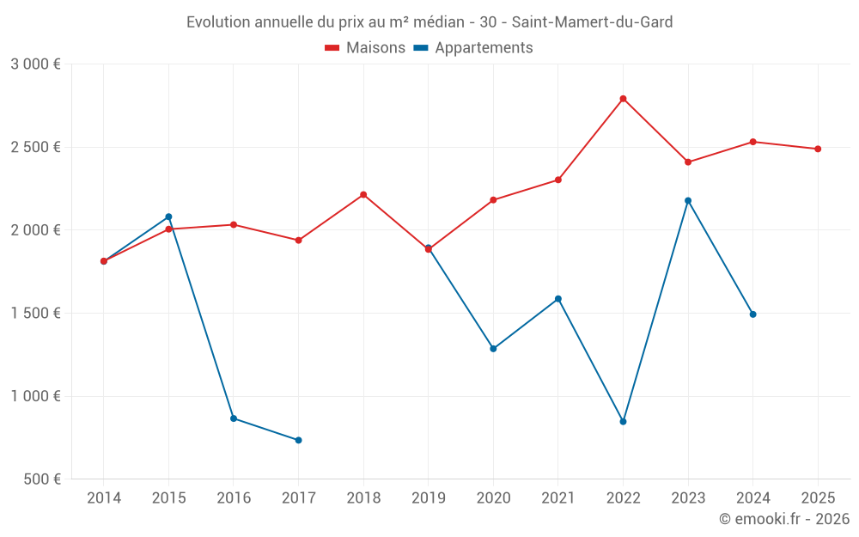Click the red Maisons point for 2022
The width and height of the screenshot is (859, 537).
point(623,99)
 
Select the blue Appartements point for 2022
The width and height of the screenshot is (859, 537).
point(623,422)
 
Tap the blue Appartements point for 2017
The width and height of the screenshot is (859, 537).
point(298,440)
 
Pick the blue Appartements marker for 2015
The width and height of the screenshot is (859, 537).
point(168,217)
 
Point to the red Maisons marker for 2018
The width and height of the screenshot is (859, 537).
point(363,194)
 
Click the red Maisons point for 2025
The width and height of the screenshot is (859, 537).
point(818,149)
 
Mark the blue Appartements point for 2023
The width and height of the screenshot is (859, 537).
point(688,201)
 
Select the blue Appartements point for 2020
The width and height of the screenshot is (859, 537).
point(493,349)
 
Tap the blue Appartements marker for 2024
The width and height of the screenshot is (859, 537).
point(752,314)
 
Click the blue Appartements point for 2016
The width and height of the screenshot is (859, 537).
point(234,418)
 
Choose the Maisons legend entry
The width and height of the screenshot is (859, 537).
point(365,48)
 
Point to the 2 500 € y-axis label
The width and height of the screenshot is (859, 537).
point(35,147)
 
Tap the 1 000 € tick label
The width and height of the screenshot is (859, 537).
point(35,396)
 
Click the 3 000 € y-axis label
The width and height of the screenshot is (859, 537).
point(35,64)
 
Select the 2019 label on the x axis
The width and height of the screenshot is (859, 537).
point(428,497)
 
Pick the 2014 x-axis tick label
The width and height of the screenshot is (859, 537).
point(104,497)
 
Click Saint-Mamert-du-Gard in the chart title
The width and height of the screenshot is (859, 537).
point(592,21)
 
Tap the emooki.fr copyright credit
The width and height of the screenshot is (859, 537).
point(783,519)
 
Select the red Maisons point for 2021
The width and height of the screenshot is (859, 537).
point(557,180)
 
